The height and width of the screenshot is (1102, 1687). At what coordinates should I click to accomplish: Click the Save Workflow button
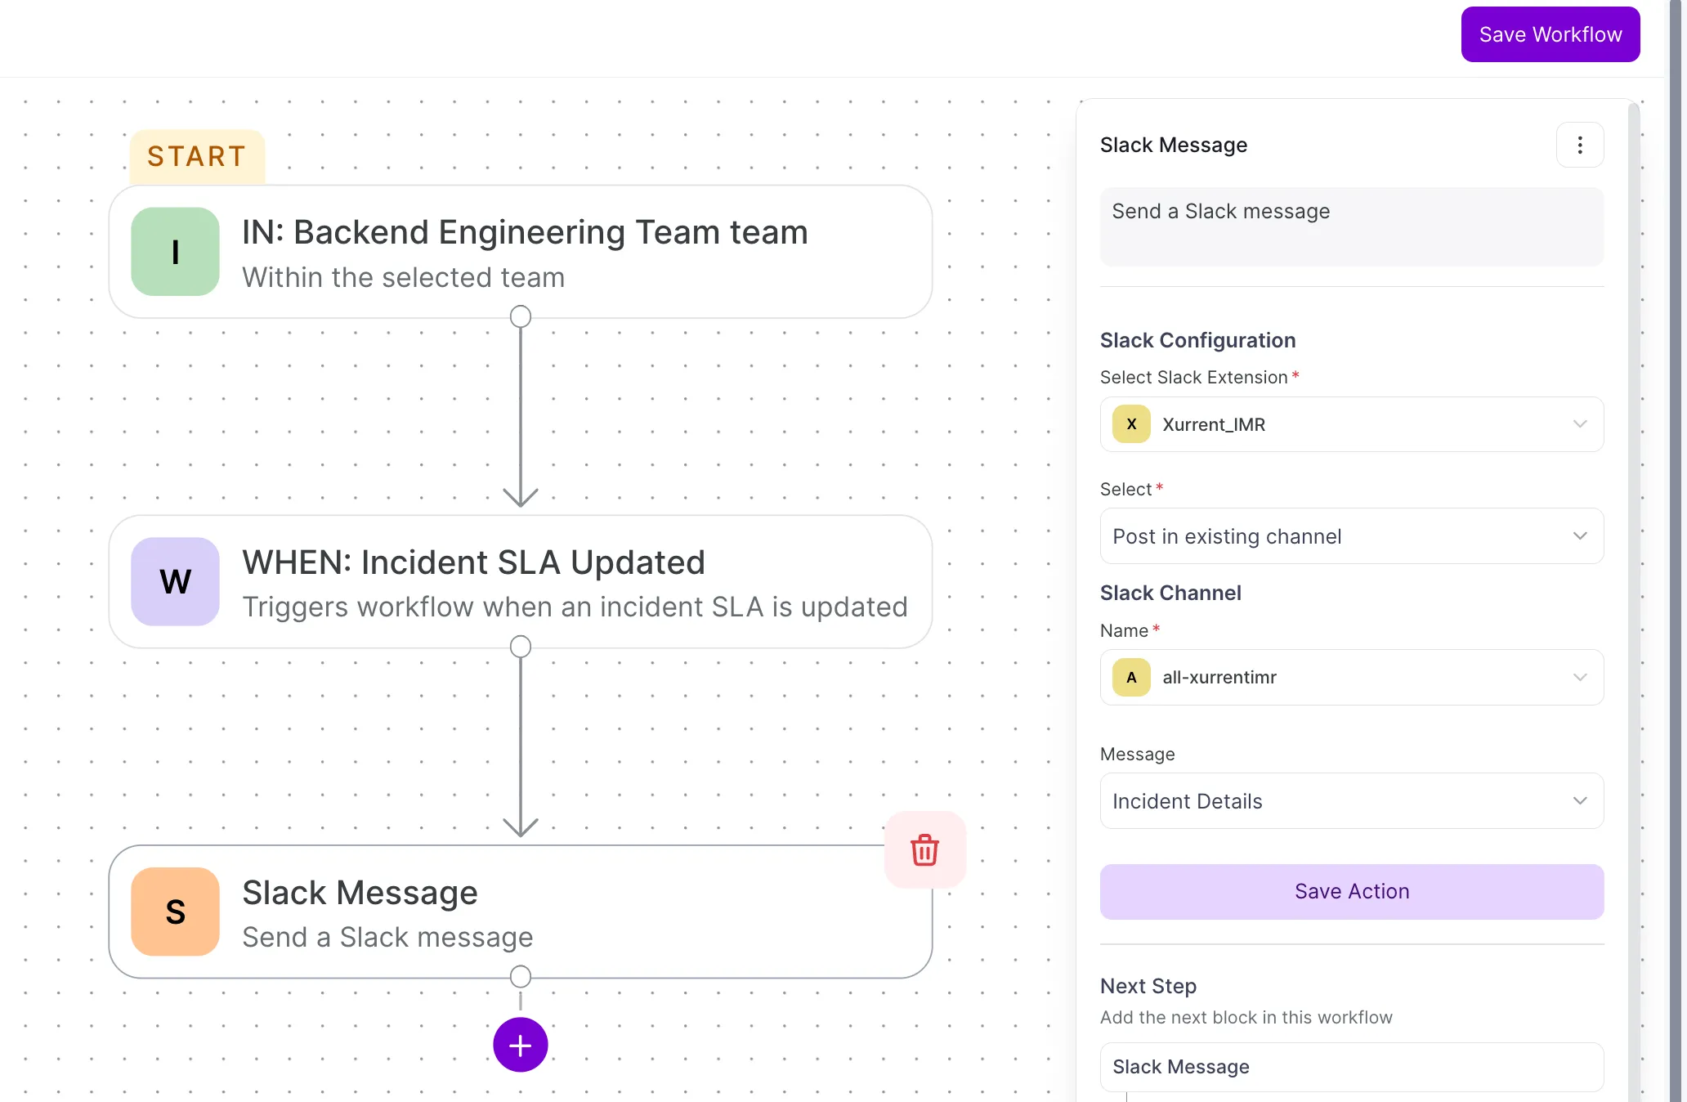(x=1551, y=34)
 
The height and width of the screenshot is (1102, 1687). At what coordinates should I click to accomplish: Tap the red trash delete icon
(x=925, y=850)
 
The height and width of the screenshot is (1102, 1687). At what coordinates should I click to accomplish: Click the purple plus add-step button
(x=521, y=1045)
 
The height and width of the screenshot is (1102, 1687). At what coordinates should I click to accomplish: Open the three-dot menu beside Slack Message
(x=1580, y=145)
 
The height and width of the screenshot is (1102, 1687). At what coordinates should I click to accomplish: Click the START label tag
(x=197, y=156)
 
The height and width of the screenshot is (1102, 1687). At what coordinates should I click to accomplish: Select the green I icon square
(x=176, y=252)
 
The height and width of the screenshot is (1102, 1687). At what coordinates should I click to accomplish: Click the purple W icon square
(x=176, y=581)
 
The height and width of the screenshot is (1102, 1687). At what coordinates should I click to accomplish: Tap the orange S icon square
(x=176, y=912)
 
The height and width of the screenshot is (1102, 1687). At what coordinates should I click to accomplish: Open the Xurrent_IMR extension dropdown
(x=1352, y=424)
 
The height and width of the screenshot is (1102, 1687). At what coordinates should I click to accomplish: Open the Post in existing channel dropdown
(x=1352, y=536)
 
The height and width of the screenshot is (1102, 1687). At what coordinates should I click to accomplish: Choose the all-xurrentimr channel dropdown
(x=1352, y=677)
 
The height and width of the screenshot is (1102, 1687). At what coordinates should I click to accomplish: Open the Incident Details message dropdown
(x=1352, y=801)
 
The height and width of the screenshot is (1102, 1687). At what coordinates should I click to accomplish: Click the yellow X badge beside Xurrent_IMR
(x=1131, y=424)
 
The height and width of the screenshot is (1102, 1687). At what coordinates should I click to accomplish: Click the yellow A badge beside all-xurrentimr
(x=1131, y=677)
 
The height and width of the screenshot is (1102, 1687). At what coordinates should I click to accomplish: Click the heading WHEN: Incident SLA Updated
(x=474, y=562)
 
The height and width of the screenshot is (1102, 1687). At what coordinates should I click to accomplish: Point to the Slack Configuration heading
(x=1198, y=340)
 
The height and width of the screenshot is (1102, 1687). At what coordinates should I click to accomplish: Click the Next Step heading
(x=1148, y=986)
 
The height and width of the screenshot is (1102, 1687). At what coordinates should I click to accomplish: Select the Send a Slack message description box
(x=1352, y=226)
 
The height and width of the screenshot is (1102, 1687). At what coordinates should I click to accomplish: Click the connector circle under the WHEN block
(x=521, y=647)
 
